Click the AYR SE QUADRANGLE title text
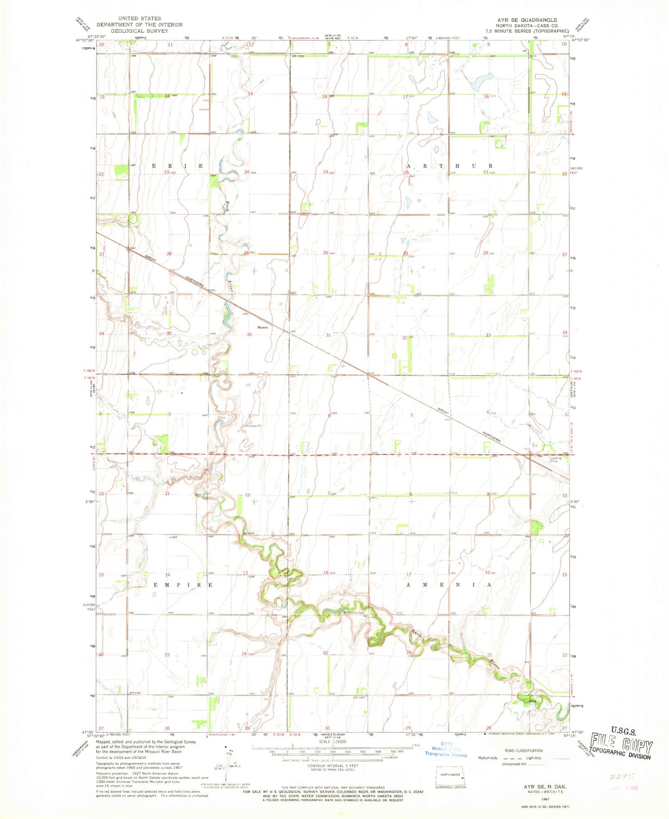coord(532,20)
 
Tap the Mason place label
coord(263,327)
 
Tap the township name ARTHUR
coord(449,166)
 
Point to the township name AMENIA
coord(449,585)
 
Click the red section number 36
coord(250,335)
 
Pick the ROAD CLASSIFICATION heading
coord(523,751)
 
